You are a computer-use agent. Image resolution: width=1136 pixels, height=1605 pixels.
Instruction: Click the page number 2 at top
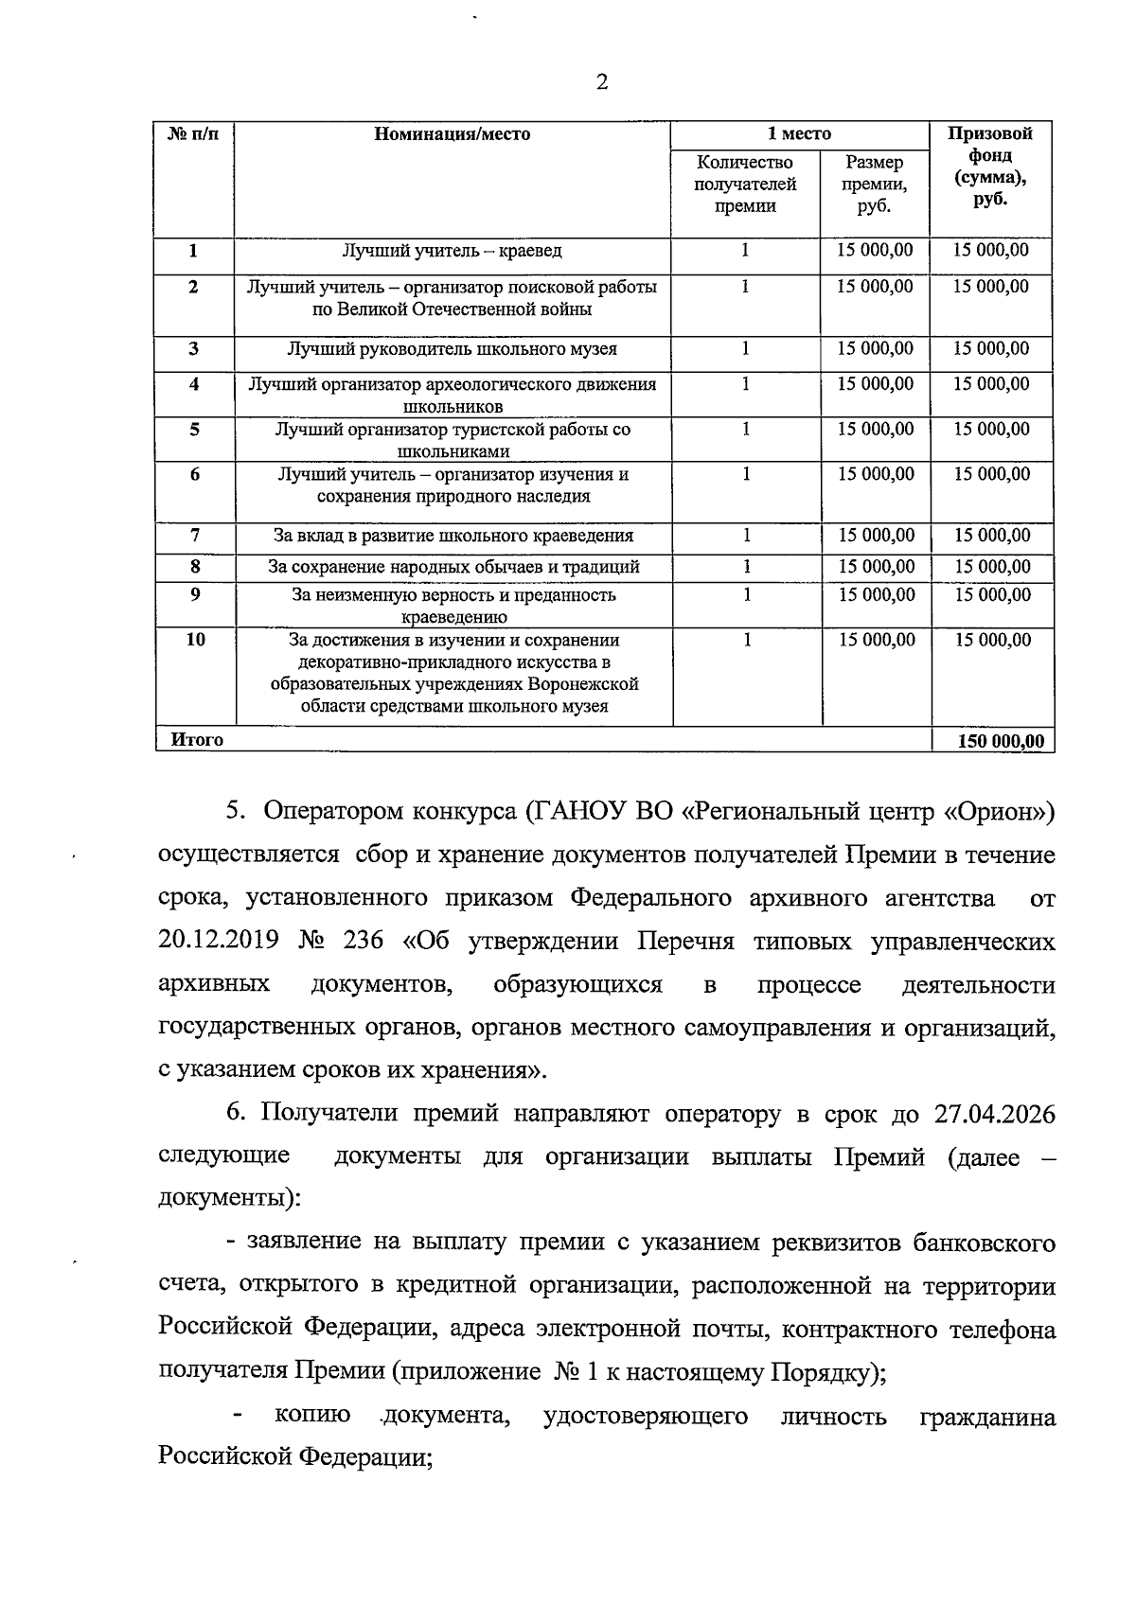pyautogui.click(x=602, y=81)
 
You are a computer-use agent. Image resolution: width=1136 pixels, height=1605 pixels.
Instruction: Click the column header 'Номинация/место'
pyautogui.click(x=452, y=134)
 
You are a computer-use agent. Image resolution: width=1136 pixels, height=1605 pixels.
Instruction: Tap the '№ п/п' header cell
pyautogui.click(x=193, y=134)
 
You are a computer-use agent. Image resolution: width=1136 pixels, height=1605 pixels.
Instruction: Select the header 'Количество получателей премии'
pyautogui.click(x=745, y=184)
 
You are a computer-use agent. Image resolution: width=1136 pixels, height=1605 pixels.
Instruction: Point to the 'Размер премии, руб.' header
pyautogui.click(x=875, y=184)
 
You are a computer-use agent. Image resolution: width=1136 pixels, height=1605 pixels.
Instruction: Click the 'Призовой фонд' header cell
pyautogui.click(x=990, y=167)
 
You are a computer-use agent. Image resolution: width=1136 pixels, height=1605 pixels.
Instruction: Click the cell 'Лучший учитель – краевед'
pyautogui.click(x=452, y=251)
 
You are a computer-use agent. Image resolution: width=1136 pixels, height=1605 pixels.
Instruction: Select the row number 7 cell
pyautogui.click(x=194, y=535)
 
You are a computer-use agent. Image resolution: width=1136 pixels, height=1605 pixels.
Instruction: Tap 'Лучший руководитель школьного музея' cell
pyautogui.click(x=452, y=349)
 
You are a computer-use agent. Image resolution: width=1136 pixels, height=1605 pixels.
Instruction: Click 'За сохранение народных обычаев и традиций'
pyautogui.click(x=453, y=567)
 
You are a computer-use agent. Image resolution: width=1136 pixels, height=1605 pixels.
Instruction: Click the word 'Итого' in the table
pyautogui.click(x=197, y=740)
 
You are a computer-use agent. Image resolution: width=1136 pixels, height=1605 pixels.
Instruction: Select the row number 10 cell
pyautogui.click(x=194, y=640)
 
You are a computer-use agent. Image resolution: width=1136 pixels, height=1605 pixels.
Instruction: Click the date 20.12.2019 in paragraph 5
pyautogui.click(x=219, y=942)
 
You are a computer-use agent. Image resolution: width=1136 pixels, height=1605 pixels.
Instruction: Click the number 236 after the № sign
pyautogui.click(x=364, y=942)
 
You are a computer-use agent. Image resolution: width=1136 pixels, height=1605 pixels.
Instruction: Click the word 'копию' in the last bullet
pyautogui.click(x=312, y=1416)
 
